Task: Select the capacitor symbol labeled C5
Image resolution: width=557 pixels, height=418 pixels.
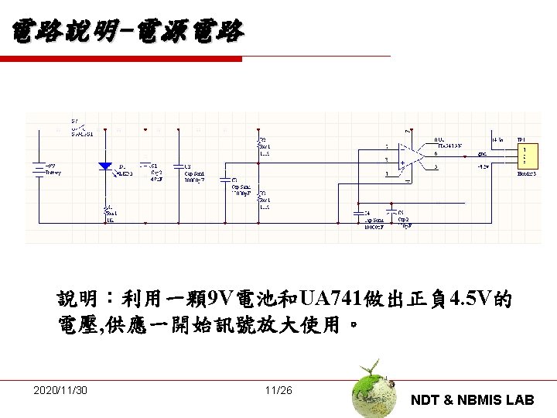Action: tap(393, 211)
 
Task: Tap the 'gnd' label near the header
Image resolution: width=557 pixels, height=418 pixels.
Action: tap(482, 153)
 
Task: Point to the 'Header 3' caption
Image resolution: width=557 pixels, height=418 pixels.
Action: tap(526, 174)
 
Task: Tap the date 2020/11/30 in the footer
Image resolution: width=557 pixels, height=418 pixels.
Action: tap(60, 390)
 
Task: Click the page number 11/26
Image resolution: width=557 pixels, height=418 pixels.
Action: tap(278, 390)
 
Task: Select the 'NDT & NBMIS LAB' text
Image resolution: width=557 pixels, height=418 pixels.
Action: tap(472, 400)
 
